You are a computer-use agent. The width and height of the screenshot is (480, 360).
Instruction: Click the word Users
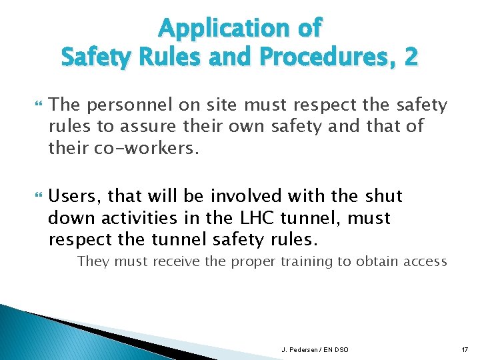click(x=75, y=197)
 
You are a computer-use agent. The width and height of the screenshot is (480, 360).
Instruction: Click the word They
click(x=93, y=261)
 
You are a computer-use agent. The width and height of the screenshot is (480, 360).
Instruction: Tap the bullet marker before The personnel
click(x=37, y=105)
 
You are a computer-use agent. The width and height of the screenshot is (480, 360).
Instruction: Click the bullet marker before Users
click(x=37, y=197)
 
